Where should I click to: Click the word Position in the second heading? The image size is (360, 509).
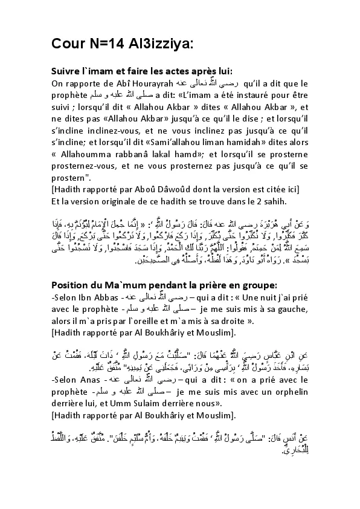click(x=72, y=268)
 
